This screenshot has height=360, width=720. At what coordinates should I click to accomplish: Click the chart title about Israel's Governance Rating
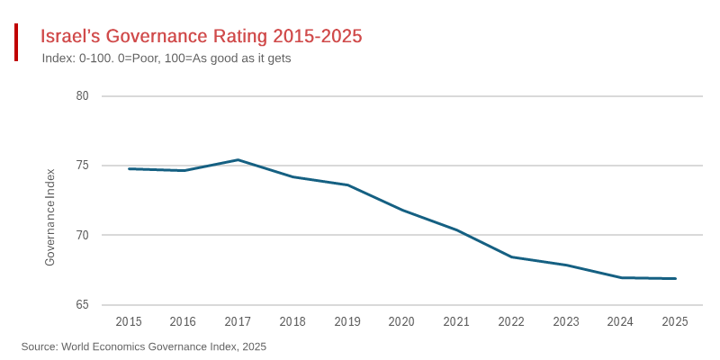202,36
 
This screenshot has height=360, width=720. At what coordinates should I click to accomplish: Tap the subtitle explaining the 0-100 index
166,58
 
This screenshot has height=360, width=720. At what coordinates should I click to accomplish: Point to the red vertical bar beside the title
16,42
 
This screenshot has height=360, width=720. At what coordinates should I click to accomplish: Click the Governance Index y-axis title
50,216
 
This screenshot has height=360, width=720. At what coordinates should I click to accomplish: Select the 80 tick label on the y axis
82,95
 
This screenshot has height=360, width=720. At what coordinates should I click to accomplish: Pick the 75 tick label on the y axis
82,166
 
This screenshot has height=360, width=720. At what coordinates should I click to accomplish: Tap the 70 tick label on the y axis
82,235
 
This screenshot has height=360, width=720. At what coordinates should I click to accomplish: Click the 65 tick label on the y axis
82,305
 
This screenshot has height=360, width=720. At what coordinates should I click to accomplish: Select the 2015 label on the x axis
129,321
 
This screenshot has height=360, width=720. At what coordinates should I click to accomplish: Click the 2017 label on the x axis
238,321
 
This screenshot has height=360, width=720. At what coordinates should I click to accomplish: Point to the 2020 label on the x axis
401,321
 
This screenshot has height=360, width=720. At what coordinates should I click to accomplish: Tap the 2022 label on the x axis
511,321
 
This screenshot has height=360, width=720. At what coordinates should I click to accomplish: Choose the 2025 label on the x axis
675,321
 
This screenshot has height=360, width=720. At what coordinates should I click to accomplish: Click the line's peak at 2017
238,160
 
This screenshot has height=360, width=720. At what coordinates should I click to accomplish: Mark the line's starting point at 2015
129,168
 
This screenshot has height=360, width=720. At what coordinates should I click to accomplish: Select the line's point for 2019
347,184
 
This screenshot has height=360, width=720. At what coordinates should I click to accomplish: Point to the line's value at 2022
511,256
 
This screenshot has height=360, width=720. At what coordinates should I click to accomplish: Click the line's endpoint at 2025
675,278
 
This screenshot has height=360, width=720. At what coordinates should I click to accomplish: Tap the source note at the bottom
144,346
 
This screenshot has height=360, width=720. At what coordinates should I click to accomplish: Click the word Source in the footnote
39,346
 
